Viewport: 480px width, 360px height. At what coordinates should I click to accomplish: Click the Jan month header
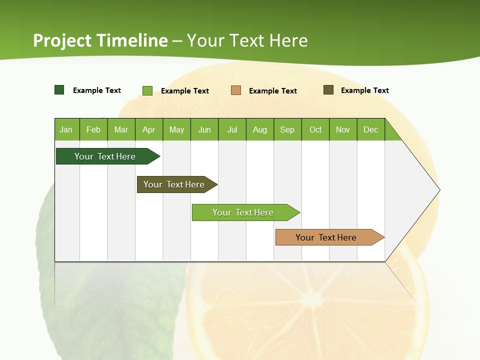[66, 129]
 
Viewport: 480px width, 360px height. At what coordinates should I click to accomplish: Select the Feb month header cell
[93, 129]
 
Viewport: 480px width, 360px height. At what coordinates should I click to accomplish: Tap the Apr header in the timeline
[148, 129]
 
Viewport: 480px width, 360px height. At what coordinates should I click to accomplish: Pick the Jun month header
[204, 129]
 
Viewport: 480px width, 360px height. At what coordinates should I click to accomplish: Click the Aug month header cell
[260, 129]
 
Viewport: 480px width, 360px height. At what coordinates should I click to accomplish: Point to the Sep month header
[287, 129]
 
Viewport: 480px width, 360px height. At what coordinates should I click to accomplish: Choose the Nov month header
[343, 129]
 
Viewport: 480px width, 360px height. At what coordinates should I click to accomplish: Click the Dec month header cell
[371, 129]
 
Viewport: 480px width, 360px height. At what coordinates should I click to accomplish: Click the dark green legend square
[59, 90]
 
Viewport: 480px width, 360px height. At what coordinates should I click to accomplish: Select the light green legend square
[147, 90]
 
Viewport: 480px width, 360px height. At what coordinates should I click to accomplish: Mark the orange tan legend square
[236, 90]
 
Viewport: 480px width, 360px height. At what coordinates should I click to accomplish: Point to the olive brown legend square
[328, 90]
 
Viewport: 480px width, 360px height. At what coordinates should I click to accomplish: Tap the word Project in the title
[62, 40]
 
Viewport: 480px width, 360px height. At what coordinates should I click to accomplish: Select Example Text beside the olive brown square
[364, 90]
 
